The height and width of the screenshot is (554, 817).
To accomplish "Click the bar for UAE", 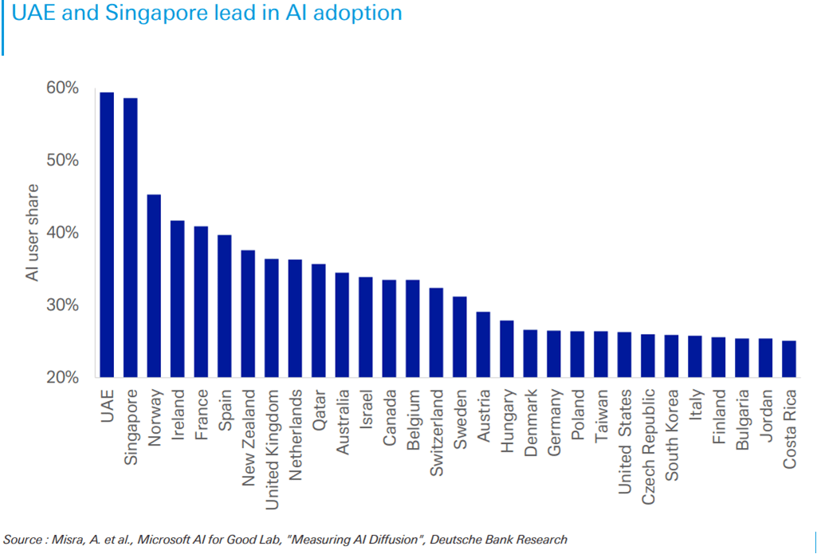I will [x=107, y=235].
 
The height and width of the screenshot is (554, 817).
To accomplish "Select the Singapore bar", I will [x=130, y=238].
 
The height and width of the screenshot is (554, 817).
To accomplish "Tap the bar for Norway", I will [x=154, y=286].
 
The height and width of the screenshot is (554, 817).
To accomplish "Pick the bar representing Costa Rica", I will [x=788, y=359].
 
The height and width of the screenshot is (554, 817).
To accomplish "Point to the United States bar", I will [x=624, y=355].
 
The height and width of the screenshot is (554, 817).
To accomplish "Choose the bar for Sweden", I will [x=459, y=337].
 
